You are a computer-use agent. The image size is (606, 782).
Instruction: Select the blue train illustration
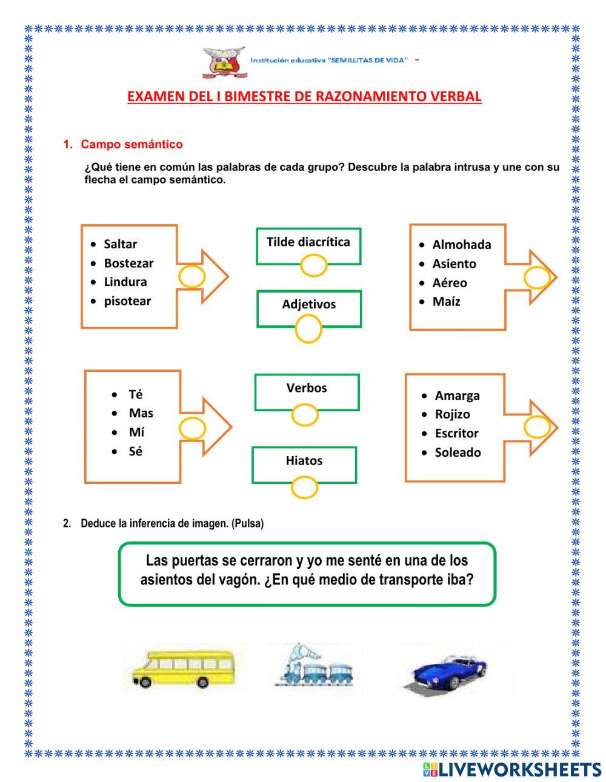313,667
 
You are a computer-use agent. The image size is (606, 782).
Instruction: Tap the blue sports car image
448,671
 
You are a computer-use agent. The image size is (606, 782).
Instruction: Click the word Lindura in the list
125,282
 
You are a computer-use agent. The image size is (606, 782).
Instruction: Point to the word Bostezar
128,263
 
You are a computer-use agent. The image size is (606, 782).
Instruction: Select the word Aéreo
450,283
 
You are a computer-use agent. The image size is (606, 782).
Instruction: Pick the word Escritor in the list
456,433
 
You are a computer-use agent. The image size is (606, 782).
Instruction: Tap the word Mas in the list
141,413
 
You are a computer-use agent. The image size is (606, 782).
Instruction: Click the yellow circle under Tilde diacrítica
314,265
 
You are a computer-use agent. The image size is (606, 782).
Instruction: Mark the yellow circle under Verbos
305,415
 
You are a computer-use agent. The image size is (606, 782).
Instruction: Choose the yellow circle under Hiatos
304,486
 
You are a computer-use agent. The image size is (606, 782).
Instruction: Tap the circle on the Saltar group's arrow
192,276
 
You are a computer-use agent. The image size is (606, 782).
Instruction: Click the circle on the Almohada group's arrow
537,277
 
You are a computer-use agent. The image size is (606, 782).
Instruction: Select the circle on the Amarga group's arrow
537,426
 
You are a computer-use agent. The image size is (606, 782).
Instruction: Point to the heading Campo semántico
132,144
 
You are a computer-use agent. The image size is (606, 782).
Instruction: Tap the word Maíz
446,302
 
